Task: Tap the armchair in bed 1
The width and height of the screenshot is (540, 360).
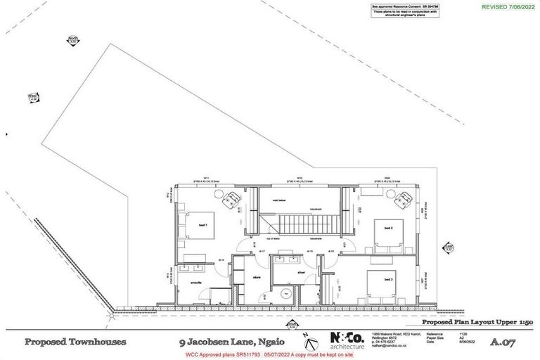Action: pos(229,200)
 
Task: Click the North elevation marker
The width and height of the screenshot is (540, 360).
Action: pos(73,41)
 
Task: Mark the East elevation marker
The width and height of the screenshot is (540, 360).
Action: pos(448,247)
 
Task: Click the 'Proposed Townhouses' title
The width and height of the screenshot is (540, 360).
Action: pos(76,343)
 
